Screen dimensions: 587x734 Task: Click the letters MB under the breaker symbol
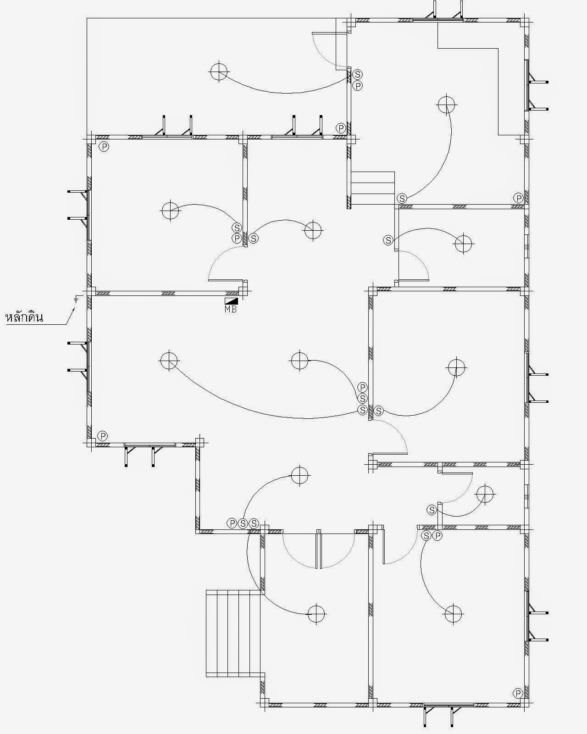[x=231, y=309]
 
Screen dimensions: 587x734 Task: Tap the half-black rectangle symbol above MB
[x=231, y=301]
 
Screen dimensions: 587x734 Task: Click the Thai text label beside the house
[x=24, y=317]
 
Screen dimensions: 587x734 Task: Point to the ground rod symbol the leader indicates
[x=76, y=300]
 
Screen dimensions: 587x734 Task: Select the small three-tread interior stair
[x=373, y=188]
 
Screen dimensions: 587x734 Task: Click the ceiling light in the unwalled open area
[x=219, y=72]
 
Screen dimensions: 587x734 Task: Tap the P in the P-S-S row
[x=232, y=523]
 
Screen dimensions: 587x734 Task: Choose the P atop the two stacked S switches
[x=362, y=388]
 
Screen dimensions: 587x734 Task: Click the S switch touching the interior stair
[x=402, y=198]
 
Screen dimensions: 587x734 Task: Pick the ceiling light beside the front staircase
[x=316, y=614]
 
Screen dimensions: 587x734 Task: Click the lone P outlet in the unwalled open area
[x=341, y=128]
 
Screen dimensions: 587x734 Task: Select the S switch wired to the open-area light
[x=357, y=74]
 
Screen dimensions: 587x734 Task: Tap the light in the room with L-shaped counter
[x=447, y=105]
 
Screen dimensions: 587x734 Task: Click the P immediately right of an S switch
[x=437, y=536]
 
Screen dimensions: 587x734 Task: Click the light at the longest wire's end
[x=169, y=361]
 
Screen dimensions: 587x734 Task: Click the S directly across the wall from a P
[x=254, y=239]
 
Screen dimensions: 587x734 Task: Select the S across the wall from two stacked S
[x=379, y=411]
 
